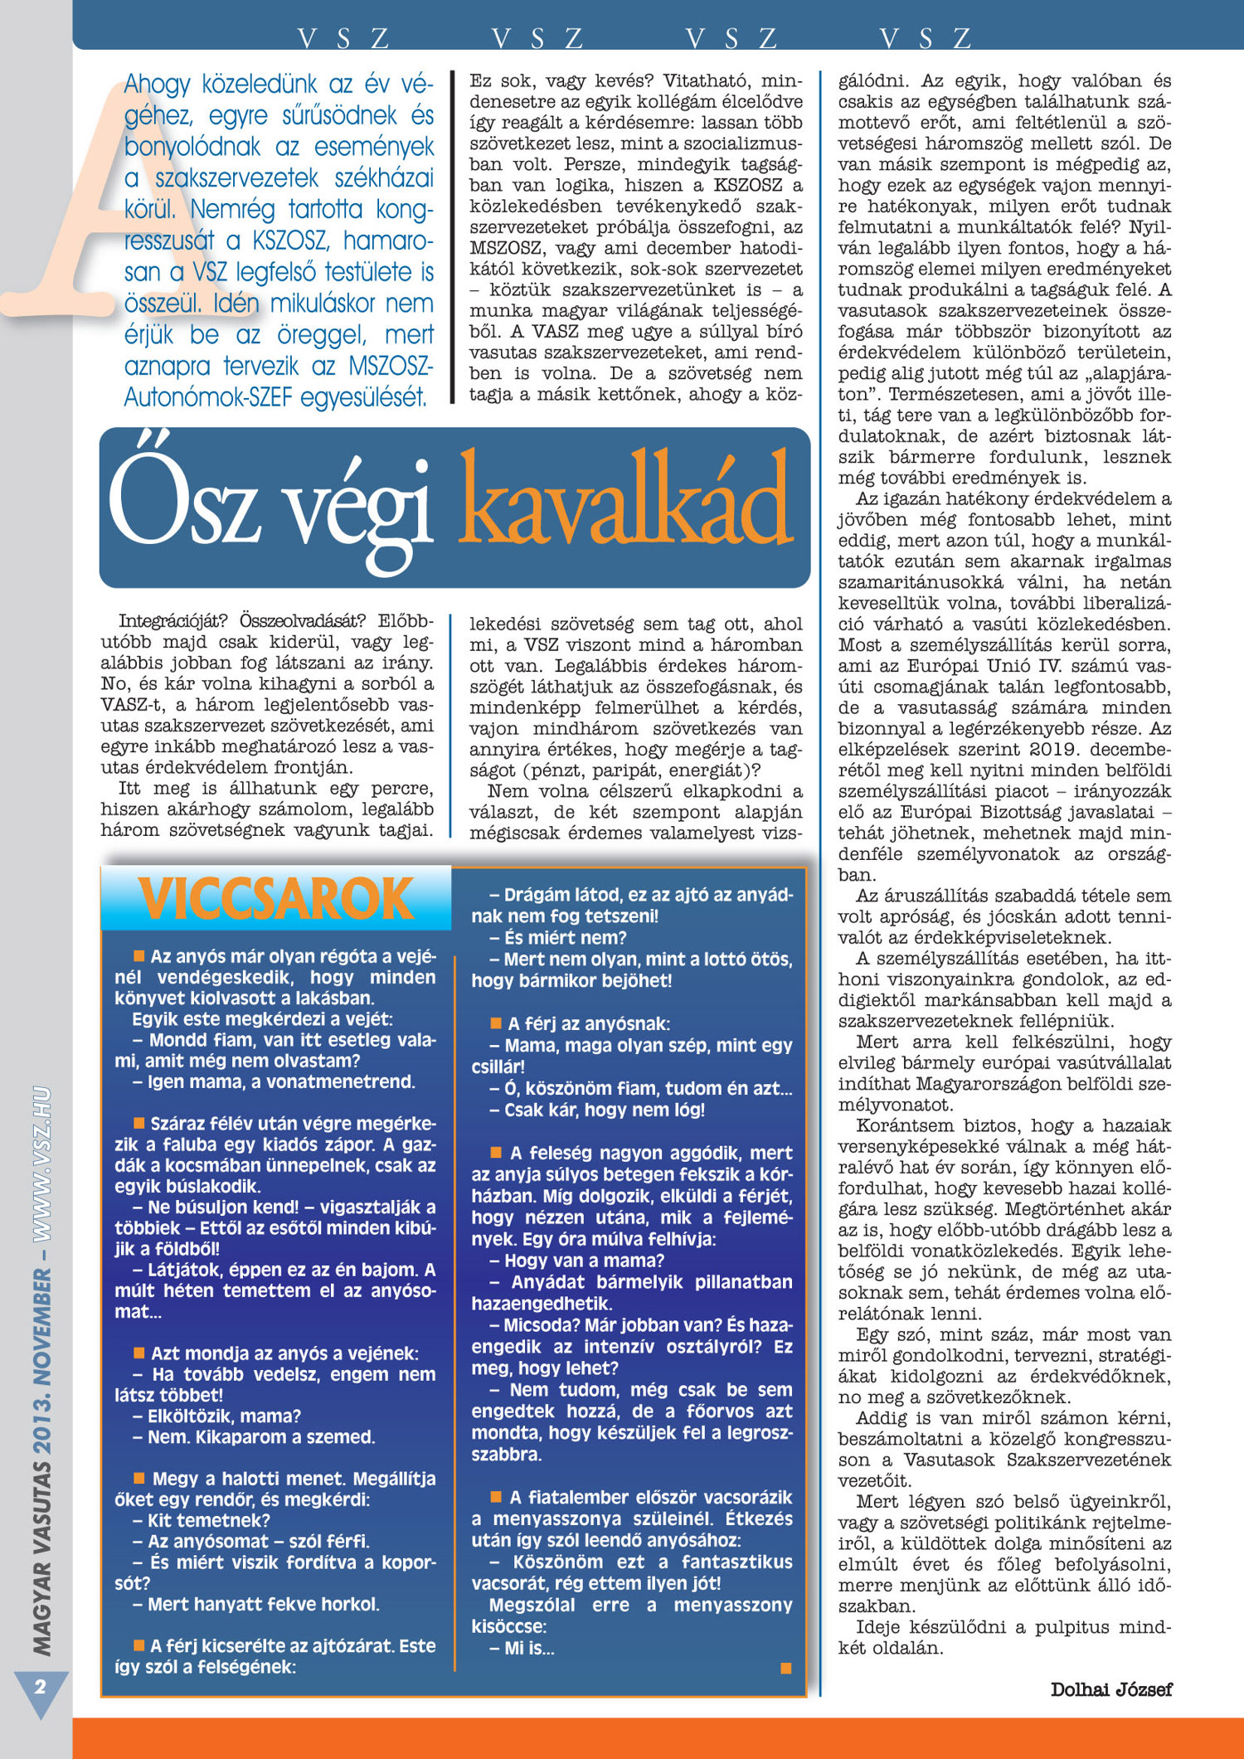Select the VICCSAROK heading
[276, 899]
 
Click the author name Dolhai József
[1111, 1689]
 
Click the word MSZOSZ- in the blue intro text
[390, 366]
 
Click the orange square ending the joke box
[785, 1668]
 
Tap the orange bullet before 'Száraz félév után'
[139, 1123]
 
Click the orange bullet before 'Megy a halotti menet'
[139, 1478]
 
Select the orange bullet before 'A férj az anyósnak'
[496, 1023]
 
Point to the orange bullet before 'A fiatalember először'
[496, 1497]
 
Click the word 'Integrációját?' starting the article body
[173, 621]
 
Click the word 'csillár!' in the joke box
[498, 1067]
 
